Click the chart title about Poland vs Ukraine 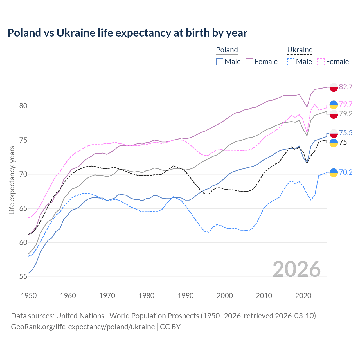tap(127, 33)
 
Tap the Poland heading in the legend tap(227, 50)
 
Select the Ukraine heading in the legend tap(300, 50)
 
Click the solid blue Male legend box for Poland tap(220, 62)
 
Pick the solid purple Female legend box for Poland tap(249, 62)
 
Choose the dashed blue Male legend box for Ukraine tap(291, 62)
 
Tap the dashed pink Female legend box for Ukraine tap(321, 62)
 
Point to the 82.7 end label tap(346, 87)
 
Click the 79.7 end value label tap(346, 104)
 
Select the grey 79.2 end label tap(346, 114)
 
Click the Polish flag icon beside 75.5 tap(334, 133)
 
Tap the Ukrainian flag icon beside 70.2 tap(334, 172)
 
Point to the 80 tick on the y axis tap(23, 106)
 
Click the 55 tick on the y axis tap(23, 277)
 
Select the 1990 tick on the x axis tap(186, 296)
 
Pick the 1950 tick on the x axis tap(29, 296)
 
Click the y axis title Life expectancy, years tap(12, 180)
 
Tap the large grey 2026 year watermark tap(296, 269)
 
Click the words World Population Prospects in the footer tap(154, 316)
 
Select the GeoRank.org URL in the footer tap(83, 327)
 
